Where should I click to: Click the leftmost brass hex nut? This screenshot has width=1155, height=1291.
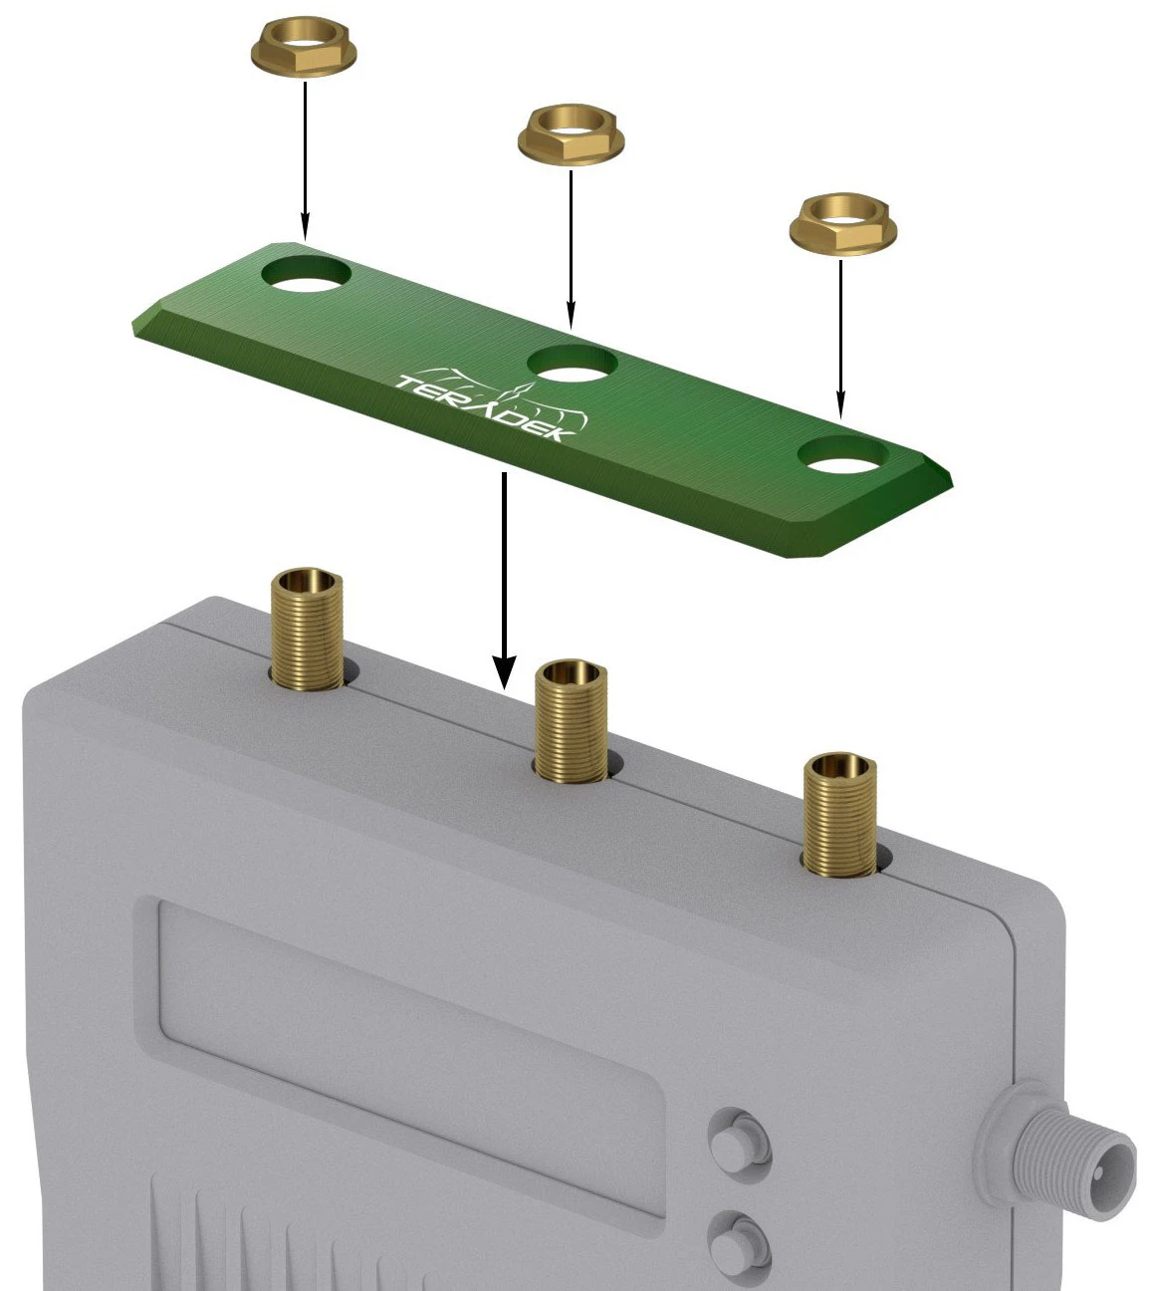tap(304, 51)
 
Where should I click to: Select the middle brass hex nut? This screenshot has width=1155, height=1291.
tap(571, 136)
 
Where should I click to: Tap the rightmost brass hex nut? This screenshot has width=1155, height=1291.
tap(842, 225)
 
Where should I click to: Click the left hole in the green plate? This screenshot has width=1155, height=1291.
tap(307, 274)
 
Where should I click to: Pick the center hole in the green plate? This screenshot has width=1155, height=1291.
tap(573, 364)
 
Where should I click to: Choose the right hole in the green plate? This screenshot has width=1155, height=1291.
tap(844, 454)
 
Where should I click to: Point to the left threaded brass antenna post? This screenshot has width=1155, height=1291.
tap(307, 630)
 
